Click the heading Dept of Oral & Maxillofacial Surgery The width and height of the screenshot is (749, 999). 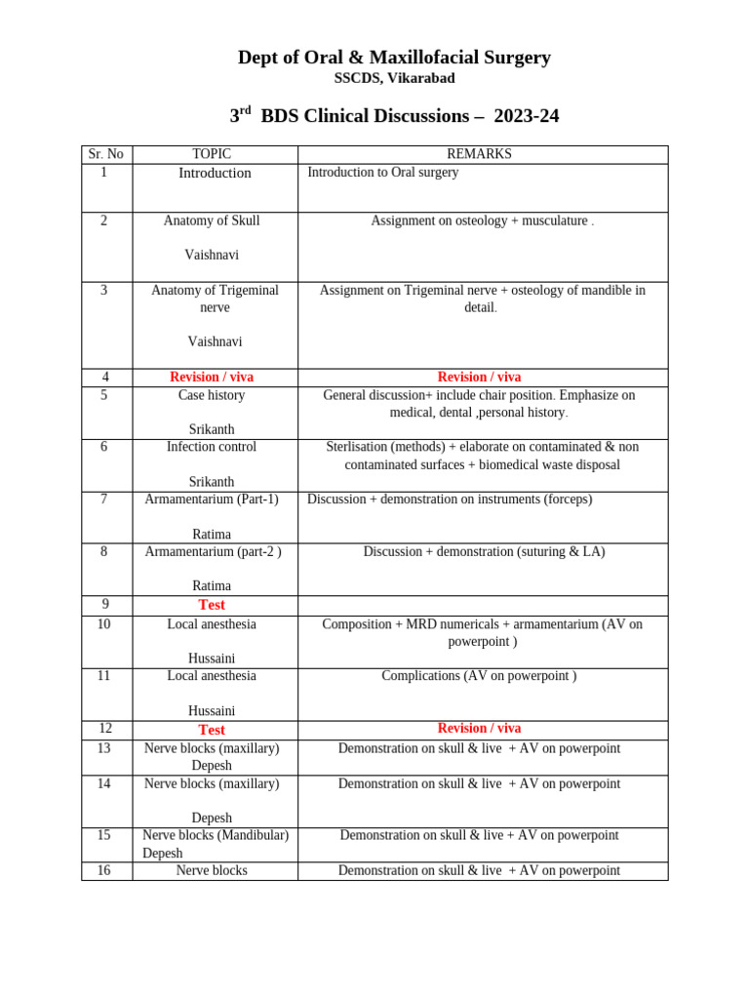[394, 58]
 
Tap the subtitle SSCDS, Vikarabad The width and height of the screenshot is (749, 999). [394, 78]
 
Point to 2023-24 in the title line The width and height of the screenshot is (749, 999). [526, 116]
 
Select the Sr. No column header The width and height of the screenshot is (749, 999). [105, 154]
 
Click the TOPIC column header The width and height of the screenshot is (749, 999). [212, 154]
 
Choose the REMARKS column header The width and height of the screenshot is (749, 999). [479, 154]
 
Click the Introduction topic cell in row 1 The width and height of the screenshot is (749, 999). [215, 173]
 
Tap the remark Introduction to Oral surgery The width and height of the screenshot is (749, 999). [382, 173]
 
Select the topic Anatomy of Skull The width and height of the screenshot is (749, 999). [212, 220]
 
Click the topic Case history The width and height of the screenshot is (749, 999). [212, 395]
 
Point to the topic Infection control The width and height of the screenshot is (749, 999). [212, 447]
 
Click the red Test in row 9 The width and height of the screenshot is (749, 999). [212, 605]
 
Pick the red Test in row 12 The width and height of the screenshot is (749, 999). [212, 730]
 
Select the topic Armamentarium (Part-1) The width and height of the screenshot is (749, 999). [212, 499]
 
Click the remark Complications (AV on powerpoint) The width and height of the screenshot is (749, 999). [479, 675]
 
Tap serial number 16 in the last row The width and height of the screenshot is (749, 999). [103, 870]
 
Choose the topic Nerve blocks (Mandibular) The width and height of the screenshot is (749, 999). [216, 835]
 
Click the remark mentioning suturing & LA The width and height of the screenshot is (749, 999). [484, 551]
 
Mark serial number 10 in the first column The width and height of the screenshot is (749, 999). [103, 623]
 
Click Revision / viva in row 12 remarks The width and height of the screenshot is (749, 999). [479, 729]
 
